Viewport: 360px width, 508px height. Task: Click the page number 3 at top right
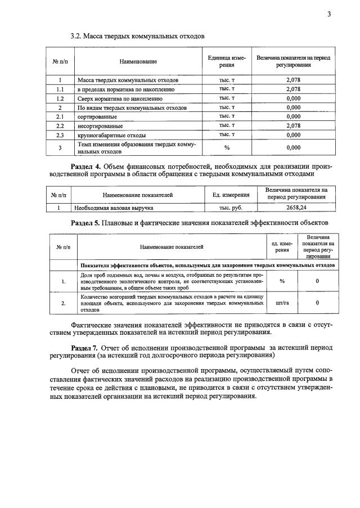[x=328, y=14]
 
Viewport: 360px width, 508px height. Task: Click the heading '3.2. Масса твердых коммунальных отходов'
[x=137, y=36]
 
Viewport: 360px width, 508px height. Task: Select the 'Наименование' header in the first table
[x=138, y=61]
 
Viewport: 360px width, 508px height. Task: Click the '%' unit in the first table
[x=227, y=147]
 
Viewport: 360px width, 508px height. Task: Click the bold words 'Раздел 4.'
[x=87, y=167]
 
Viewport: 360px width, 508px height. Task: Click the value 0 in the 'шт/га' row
[x=317, y=303]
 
